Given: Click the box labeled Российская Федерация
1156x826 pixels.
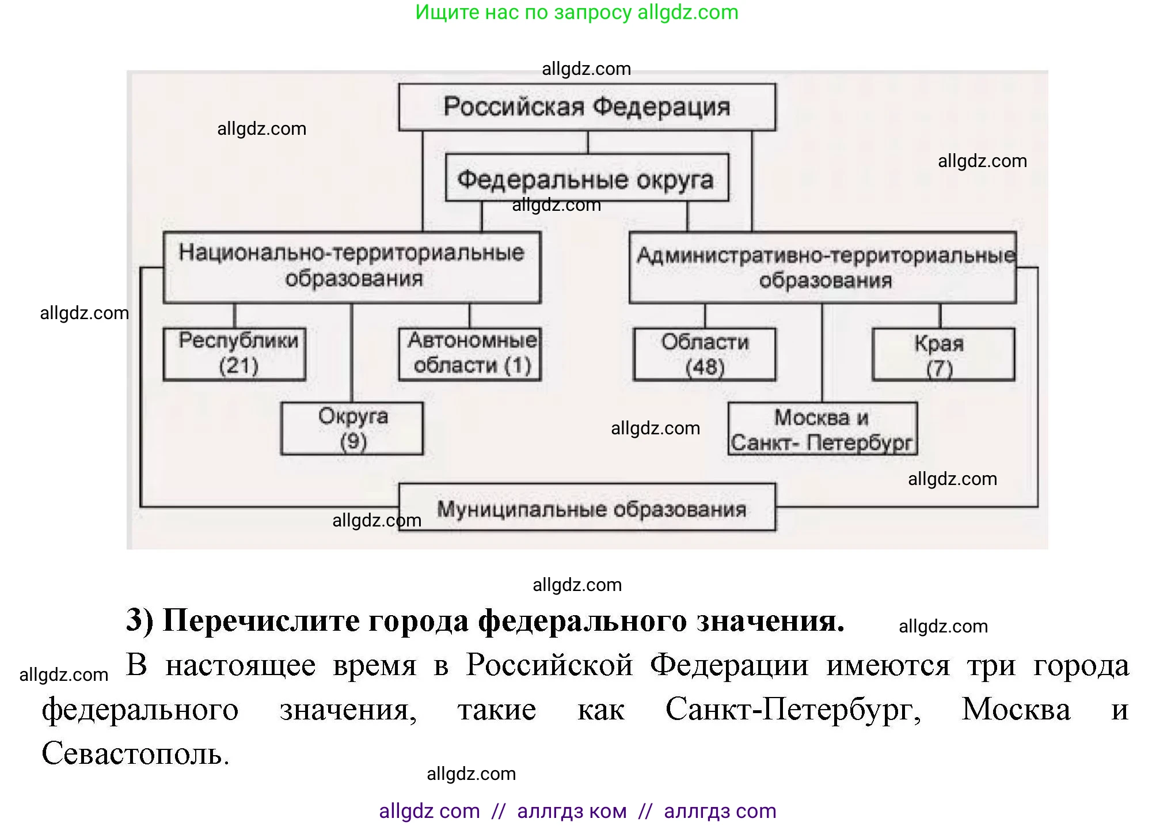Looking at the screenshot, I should [587, 107].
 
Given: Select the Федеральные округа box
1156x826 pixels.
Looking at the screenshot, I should [587, 178].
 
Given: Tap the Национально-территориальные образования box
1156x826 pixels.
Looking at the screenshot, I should [352, 267].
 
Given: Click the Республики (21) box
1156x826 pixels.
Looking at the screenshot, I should [234, 354].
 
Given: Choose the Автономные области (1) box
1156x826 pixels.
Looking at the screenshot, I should [470, 354].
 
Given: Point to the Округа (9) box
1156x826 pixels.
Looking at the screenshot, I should [352, 429].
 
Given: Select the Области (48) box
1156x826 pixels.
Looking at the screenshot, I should [704, 354].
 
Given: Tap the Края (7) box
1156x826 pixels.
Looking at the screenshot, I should [943, 354].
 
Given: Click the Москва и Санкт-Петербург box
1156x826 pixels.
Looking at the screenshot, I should [822, 429].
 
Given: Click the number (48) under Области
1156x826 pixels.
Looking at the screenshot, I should [705, 367].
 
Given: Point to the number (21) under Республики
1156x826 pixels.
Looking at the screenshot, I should [238, 366].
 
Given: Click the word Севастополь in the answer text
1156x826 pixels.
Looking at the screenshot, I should [135, 753].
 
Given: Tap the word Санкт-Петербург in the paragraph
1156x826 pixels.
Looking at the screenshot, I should [793, 709].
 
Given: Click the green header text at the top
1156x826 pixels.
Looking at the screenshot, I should [577, 12].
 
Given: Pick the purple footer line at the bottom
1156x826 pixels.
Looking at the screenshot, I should [577, 811].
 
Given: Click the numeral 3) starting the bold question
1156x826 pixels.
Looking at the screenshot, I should [140, 621].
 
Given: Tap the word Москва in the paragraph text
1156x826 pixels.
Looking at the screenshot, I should [1016, 709].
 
